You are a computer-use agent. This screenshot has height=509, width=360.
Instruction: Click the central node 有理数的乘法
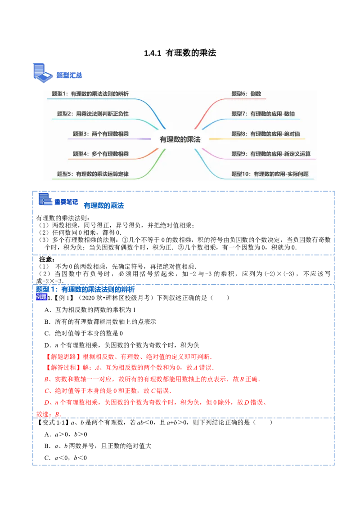pyautogui.click(x=180, y=139)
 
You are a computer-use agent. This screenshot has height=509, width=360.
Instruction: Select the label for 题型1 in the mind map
pyautogui.click(x=90, y=94)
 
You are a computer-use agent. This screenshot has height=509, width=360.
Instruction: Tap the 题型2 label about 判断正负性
pyautogui.click(x=93, y=114)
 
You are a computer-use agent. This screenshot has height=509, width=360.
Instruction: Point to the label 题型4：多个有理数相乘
pyautogui.click(x=101, y=154)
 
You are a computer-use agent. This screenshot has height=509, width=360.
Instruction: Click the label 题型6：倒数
pyautogui.click(x=246, y=94)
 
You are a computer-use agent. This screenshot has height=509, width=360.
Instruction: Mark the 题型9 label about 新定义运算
pyautogui.click(x=271, y=154)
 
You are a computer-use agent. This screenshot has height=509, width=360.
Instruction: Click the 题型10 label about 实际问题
pyautogui.click(x=270, y=174)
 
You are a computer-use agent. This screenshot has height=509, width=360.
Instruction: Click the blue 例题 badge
pyautogui.click(x=41, y=297)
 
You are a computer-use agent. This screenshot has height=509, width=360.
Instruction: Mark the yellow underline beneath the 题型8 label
pyautogui.click(x=265, y=139)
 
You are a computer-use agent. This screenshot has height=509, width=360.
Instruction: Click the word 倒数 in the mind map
pyautogui.click(x=256, y=94)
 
